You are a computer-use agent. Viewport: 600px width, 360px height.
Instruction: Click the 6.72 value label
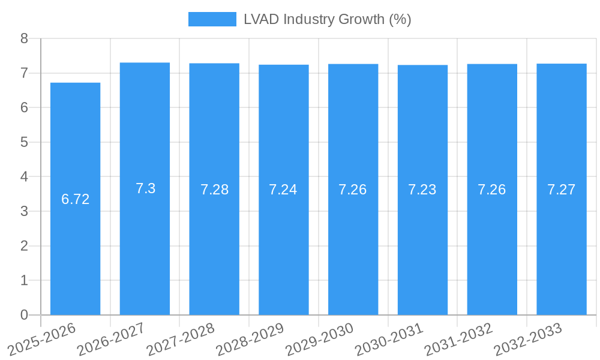point(75,199)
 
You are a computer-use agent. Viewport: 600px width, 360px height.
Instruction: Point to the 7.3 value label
point(145,188)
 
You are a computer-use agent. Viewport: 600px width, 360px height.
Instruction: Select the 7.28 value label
point(214,190)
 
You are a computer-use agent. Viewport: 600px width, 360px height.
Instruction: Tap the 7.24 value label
point(283,190)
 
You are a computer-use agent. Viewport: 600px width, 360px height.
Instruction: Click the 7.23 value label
point(422,190)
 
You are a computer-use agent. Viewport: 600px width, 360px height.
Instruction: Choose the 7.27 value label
point(561,190)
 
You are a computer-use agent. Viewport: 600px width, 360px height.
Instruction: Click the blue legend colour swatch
point(212,19)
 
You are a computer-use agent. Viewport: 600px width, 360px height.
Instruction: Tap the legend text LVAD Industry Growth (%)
point(327,19)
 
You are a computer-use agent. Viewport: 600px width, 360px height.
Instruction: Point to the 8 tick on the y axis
point(24,38)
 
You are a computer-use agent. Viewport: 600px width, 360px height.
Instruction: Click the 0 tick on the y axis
point(24,315)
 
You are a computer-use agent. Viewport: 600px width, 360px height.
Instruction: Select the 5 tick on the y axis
point(24,142)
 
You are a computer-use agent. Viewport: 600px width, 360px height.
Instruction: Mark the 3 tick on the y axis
point(24,211)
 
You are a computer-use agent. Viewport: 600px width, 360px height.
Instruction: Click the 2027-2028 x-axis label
point(181,340)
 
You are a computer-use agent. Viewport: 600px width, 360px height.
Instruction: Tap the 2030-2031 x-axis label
point(389,340)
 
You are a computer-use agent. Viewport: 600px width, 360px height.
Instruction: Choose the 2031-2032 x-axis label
point(458,340)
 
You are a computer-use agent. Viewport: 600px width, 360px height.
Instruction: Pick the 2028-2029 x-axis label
point(250,340)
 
